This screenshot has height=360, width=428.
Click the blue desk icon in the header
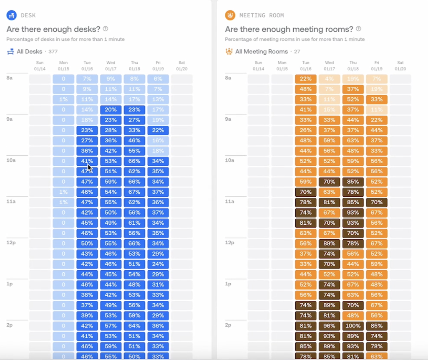[x=11, y=15]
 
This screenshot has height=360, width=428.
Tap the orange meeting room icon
[x=230, y=15]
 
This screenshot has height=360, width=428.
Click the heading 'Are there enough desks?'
[x=53, y=29]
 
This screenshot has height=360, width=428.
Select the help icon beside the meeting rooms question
[x=358, y=29]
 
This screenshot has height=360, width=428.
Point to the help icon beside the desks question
[x=106, y=29]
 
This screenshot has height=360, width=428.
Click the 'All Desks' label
[x=29, y=51]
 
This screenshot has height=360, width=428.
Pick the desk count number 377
[x=53, y=52]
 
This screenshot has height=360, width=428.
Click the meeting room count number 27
[x=297, y=52]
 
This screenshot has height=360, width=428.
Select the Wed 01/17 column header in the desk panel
[x=111, y=66]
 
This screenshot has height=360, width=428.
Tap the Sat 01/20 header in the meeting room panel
[x=400, y=66]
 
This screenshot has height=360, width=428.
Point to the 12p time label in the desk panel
[x=10, y=243]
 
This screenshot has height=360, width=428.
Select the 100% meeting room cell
[x=353, y=326]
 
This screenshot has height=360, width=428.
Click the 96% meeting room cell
[x=329, y=326]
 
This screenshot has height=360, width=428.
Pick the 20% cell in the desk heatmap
[x=111, y=110]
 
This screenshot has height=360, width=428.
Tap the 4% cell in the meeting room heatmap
[x=329, y=79]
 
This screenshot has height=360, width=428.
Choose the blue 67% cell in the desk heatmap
[x=134, y=192]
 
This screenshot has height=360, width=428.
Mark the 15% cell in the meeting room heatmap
[x=329, y=110]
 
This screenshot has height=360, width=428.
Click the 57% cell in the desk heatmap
[x=111, y=326]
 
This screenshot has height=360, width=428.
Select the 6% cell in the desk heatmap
[x=158, y=79]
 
